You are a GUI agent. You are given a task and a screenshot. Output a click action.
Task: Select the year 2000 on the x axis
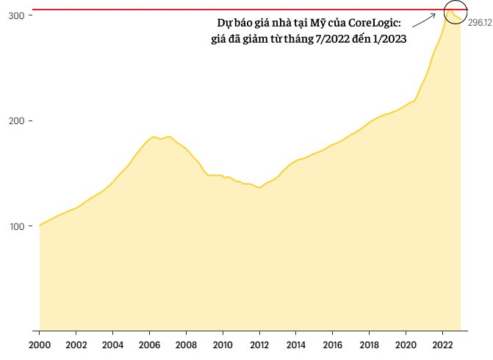point(40,345)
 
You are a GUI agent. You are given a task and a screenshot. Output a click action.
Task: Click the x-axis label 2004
point(112,345)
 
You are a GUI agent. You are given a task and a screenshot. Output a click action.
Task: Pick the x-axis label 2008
point(186,345)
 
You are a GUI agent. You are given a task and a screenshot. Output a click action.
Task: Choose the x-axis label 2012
point(259,345)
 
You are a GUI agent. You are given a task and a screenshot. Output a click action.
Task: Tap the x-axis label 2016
point(333,345)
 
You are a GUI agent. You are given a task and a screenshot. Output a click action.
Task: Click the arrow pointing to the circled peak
point(425,21)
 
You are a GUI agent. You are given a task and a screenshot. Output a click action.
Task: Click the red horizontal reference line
point(220,10)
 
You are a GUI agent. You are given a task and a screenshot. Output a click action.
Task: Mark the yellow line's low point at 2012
point(259,187)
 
